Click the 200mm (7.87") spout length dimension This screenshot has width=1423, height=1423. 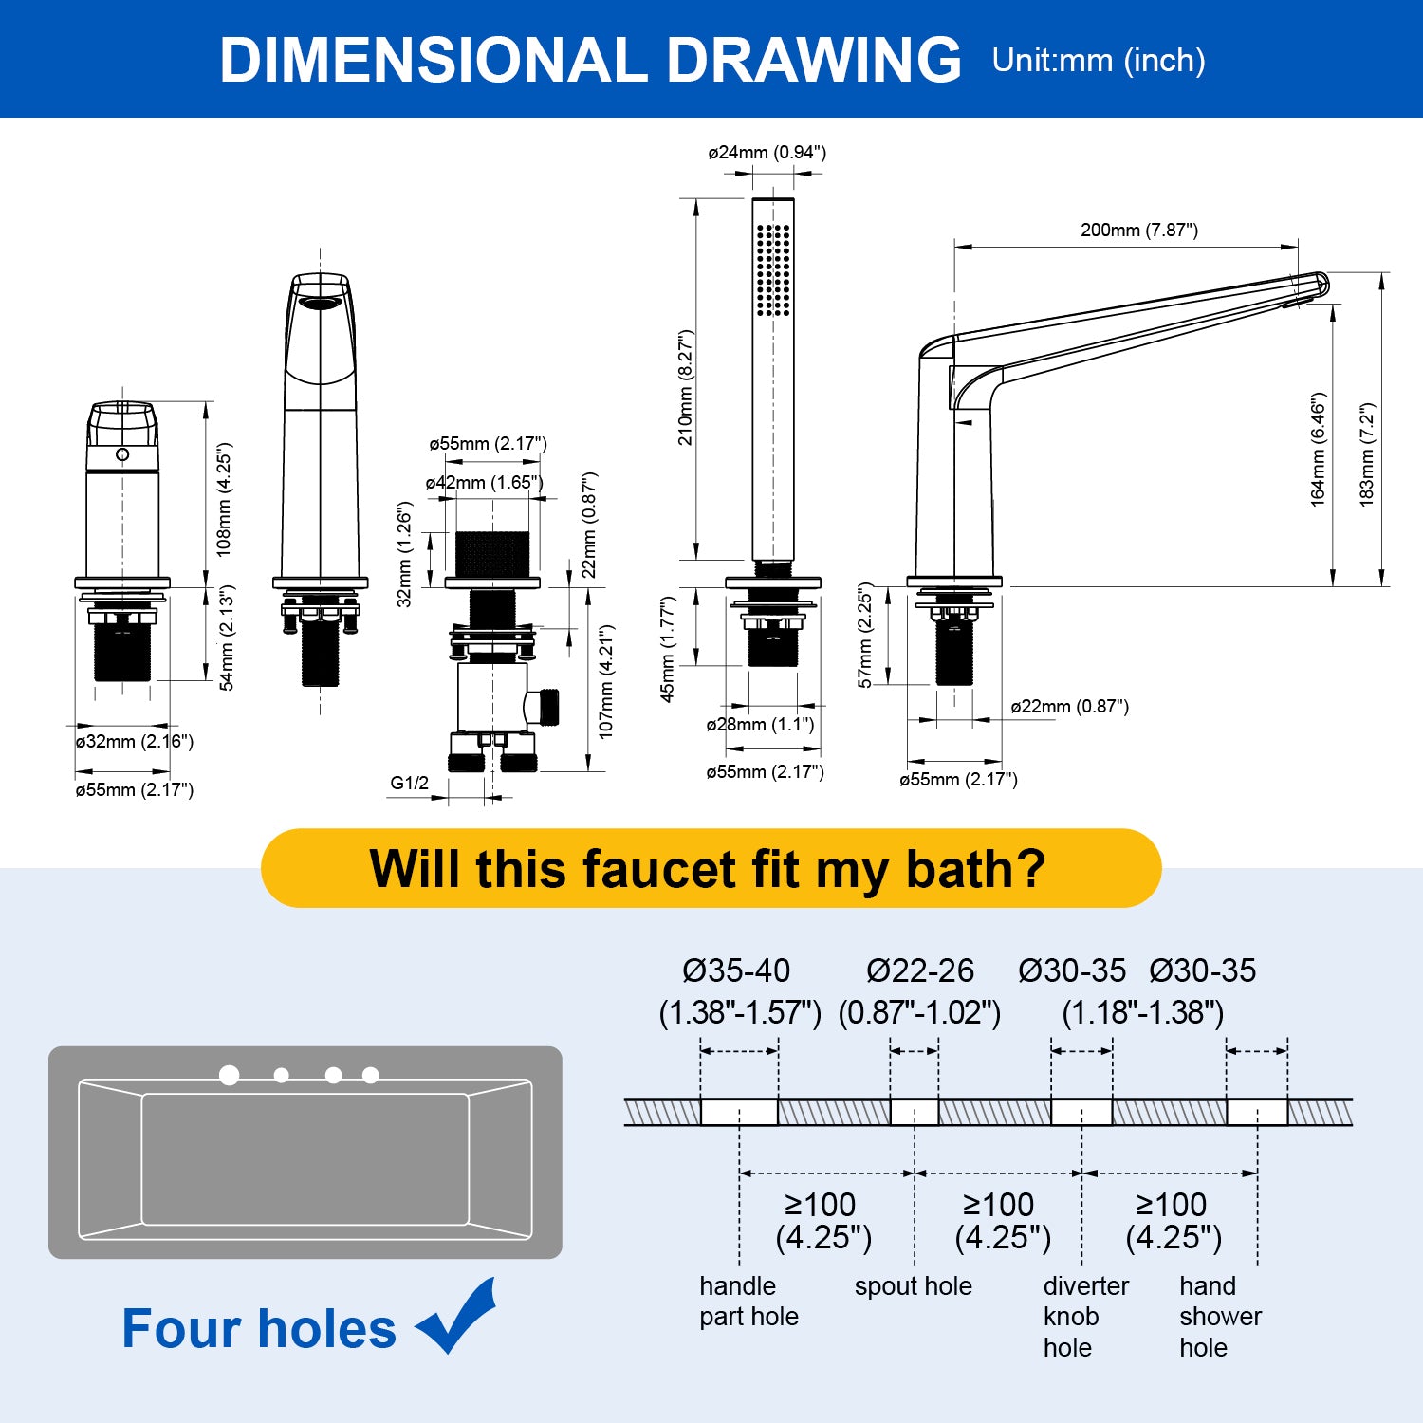click(1138, 231)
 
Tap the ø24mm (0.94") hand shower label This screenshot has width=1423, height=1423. click(767, 153)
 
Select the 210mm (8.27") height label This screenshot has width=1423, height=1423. click(686, 388)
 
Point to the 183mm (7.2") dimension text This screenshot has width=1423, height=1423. click(1367, 454)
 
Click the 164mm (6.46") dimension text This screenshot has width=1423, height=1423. click(1319, 450)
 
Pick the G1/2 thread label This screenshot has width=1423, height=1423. click(409, 784)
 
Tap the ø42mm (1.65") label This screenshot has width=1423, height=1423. click(484, 483)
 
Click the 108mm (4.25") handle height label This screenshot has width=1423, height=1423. click(224, 499)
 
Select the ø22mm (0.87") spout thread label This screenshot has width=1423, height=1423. click(1069, 707)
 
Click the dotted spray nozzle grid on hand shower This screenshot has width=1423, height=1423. click(773, 269)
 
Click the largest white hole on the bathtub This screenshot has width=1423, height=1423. click(230, 1075)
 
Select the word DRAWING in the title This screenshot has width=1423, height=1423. click(814, 60)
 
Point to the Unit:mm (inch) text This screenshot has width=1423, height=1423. click(1099, 61)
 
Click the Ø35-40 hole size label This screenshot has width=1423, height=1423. click(736, 970)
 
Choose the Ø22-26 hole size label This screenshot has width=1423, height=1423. click(920, 970)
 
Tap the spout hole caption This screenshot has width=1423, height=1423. click(913, 1286)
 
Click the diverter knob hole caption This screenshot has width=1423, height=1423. click(1086, 1317)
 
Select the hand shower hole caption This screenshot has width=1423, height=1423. click(1220, 1317)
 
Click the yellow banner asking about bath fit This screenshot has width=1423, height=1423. click(711, 868)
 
